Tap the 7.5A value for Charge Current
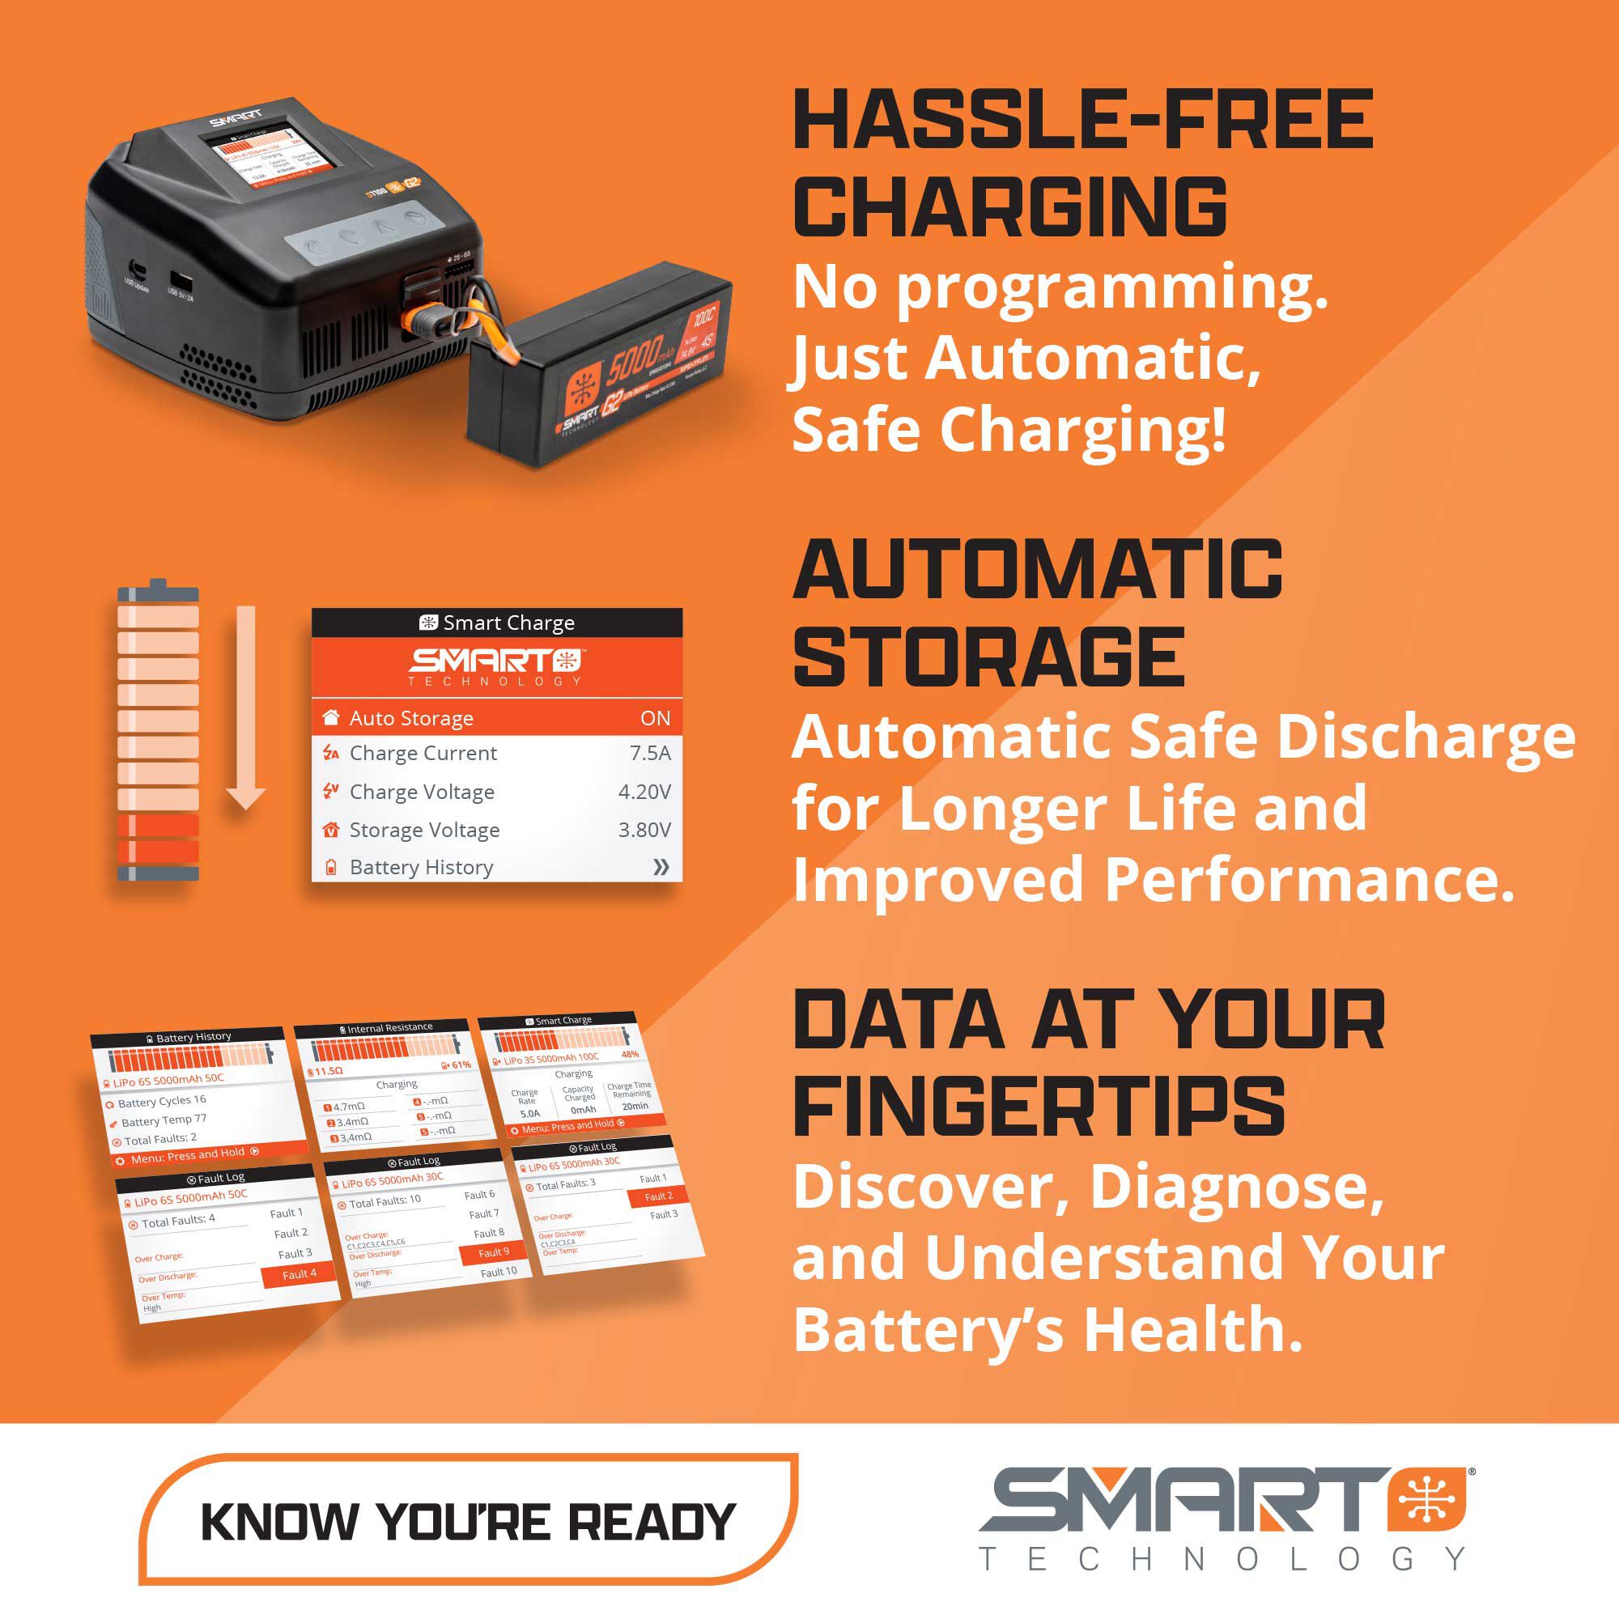click(x=649, y=754)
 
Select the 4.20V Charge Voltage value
click(x=644, y=792)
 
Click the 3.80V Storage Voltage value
click(x=644, y=830)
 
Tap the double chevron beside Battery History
click(x=661, y=867)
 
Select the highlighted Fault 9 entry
click(x=495, y=1253)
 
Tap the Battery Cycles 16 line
click(x=162, y=1101)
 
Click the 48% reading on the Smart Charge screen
click(x=629, y=1054)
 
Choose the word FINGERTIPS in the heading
click(x=1039, y=1108)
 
